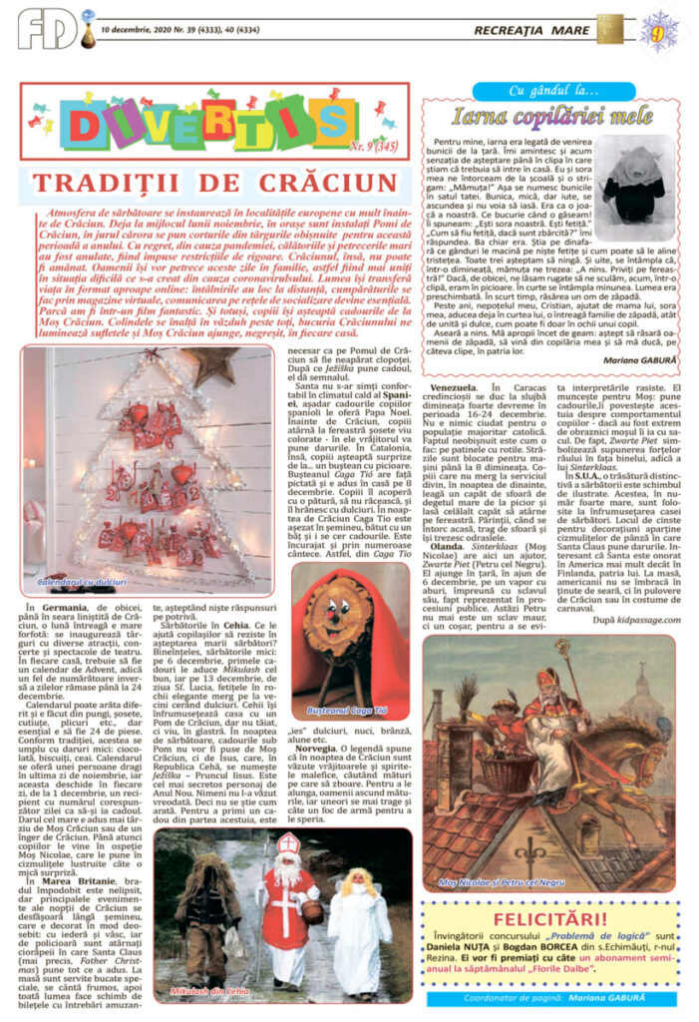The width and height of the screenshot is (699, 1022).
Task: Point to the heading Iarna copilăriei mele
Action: click(537, 115)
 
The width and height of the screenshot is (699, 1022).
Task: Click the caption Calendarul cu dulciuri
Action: click(82, 579)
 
